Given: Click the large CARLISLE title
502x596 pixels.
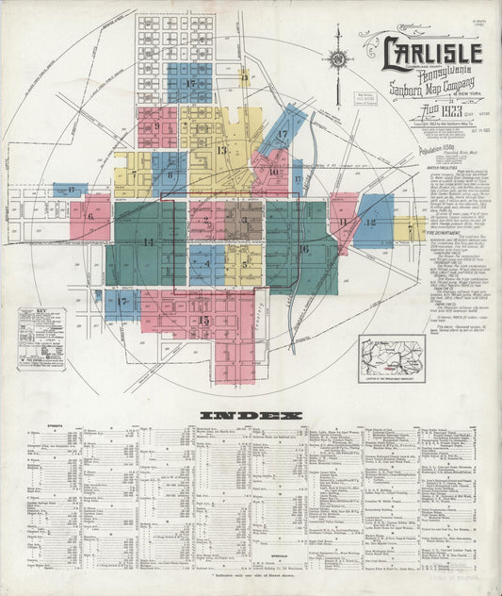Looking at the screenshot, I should point(432,54).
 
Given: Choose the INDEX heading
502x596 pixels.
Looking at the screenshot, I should point(250,415).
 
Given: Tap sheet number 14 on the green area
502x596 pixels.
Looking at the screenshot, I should point(148,242).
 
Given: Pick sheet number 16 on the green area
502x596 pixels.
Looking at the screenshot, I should point(303,249).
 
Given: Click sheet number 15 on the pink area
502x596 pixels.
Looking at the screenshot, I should point(204,321).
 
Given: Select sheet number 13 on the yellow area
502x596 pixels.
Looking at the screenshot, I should point(222,150).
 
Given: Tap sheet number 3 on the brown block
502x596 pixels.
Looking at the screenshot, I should point(245,223).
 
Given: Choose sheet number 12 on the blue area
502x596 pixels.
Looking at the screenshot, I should point(371,223).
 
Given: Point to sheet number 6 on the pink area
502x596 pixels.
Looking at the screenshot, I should point(91,217).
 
